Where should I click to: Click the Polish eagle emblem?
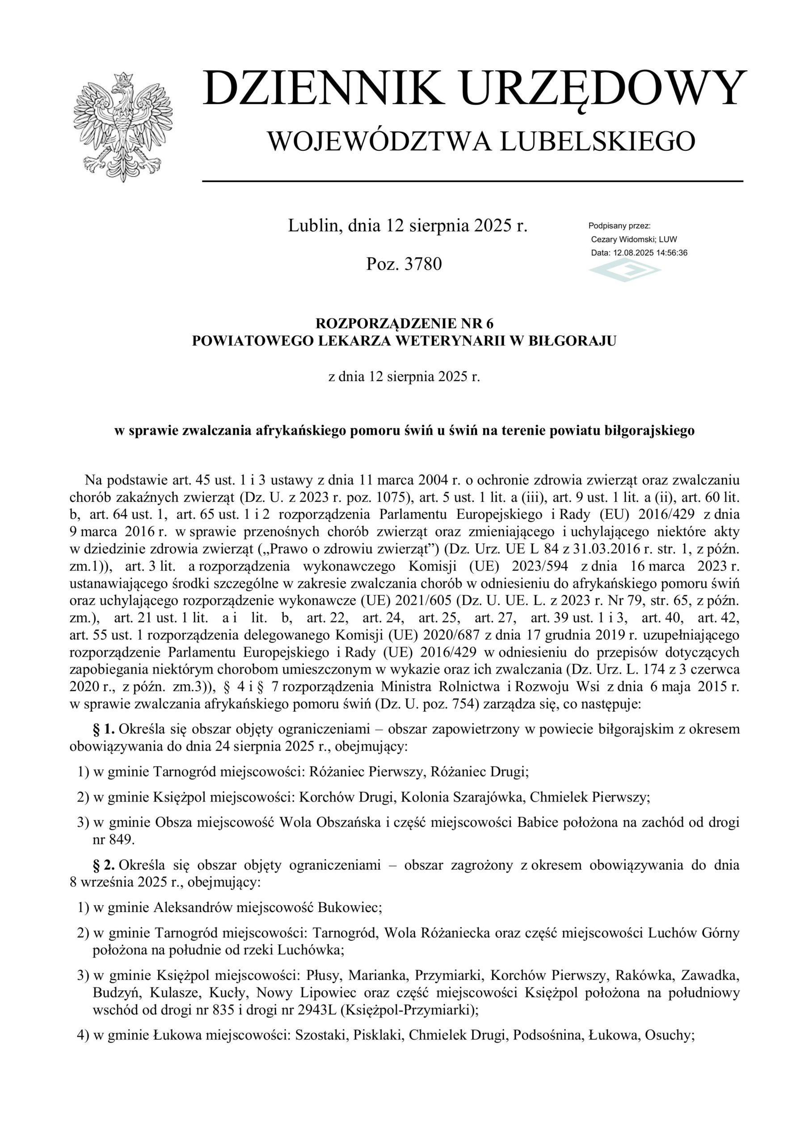pyautogui.click(x=122, y=126)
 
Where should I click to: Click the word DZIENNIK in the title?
pyautogui.click(x=324, y=89)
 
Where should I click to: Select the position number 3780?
pyautogui.click(x=423, y=264)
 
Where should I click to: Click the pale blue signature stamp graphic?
pyautogui.click(x=624, y=271)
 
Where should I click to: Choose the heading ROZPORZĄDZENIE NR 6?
pyautogui.click(x=404, y=324)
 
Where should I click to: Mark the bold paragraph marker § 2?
pyautogui.click(x=104, y=865)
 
